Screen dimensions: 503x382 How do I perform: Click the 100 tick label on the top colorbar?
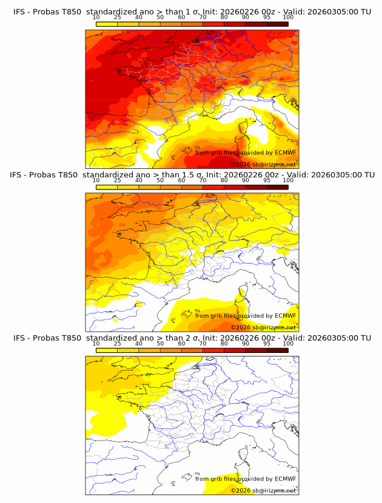288,18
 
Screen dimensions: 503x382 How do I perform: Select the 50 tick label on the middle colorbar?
160,180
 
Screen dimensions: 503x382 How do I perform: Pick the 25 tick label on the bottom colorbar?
117,343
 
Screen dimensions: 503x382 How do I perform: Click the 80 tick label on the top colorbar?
224,18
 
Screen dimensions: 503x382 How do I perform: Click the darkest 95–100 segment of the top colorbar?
277,24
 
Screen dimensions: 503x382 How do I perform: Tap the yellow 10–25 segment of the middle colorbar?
106,186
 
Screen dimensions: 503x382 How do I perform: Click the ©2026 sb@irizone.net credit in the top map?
264,164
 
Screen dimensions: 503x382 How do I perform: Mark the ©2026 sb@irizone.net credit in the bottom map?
264,490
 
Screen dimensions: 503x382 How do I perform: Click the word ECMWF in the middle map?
285,315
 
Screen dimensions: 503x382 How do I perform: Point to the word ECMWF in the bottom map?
285,479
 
